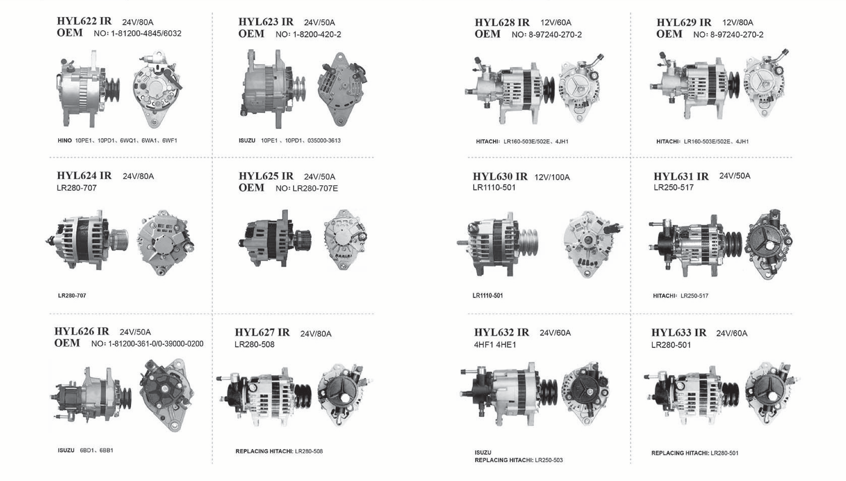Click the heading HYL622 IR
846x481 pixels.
[84, 21]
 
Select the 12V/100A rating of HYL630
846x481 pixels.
[552, 177]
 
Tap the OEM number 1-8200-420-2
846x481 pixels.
[317, 34]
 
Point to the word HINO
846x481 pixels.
[65, 140]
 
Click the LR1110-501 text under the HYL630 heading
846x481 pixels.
[494, 188]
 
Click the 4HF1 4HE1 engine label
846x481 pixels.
[495, 345]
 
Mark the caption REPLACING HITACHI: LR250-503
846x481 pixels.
[519, 460]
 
